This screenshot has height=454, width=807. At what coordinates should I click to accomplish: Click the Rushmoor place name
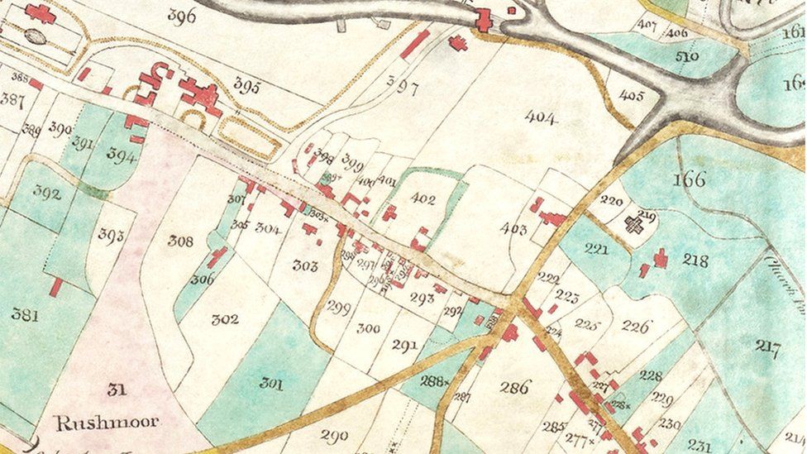click(107, 423)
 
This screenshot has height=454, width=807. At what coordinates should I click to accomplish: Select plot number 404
click(541, 117)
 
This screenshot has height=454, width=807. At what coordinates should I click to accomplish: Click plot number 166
click(689, 179)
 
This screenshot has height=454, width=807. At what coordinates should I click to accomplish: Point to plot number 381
click(25, 314)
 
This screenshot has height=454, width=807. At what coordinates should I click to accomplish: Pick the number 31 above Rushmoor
click(117, 389)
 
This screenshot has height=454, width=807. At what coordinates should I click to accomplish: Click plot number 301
click(271, 383)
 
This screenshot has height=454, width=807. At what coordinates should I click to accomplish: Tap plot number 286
click(514, 386)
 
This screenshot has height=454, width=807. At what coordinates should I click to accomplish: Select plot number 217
click(767, 347)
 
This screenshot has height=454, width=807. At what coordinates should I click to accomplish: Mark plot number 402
click(423, 198)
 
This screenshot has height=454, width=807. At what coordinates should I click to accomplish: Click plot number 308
click(180, 241)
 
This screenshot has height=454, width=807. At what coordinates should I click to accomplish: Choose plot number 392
click(47, 194)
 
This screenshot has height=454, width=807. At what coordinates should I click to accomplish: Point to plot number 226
click(636, 327)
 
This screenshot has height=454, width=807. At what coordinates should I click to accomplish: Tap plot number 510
click(686, 56)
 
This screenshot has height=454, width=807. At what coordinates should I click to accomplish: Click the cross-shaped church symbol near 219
click(634, 224)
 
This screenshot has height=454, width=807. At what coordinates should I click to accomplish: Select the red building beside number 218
click(661, 258)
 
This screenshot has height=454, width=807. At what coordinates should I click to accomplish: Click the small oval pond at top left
click(34, 36)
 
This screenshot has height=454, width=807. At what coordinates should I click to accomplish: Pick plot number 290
click(334, 435)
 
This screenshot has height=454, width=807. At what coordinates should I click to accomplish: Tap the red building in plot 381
click(55, 287)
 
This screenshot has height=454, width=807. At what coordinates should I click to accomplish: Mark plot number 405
click(631, 96)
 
